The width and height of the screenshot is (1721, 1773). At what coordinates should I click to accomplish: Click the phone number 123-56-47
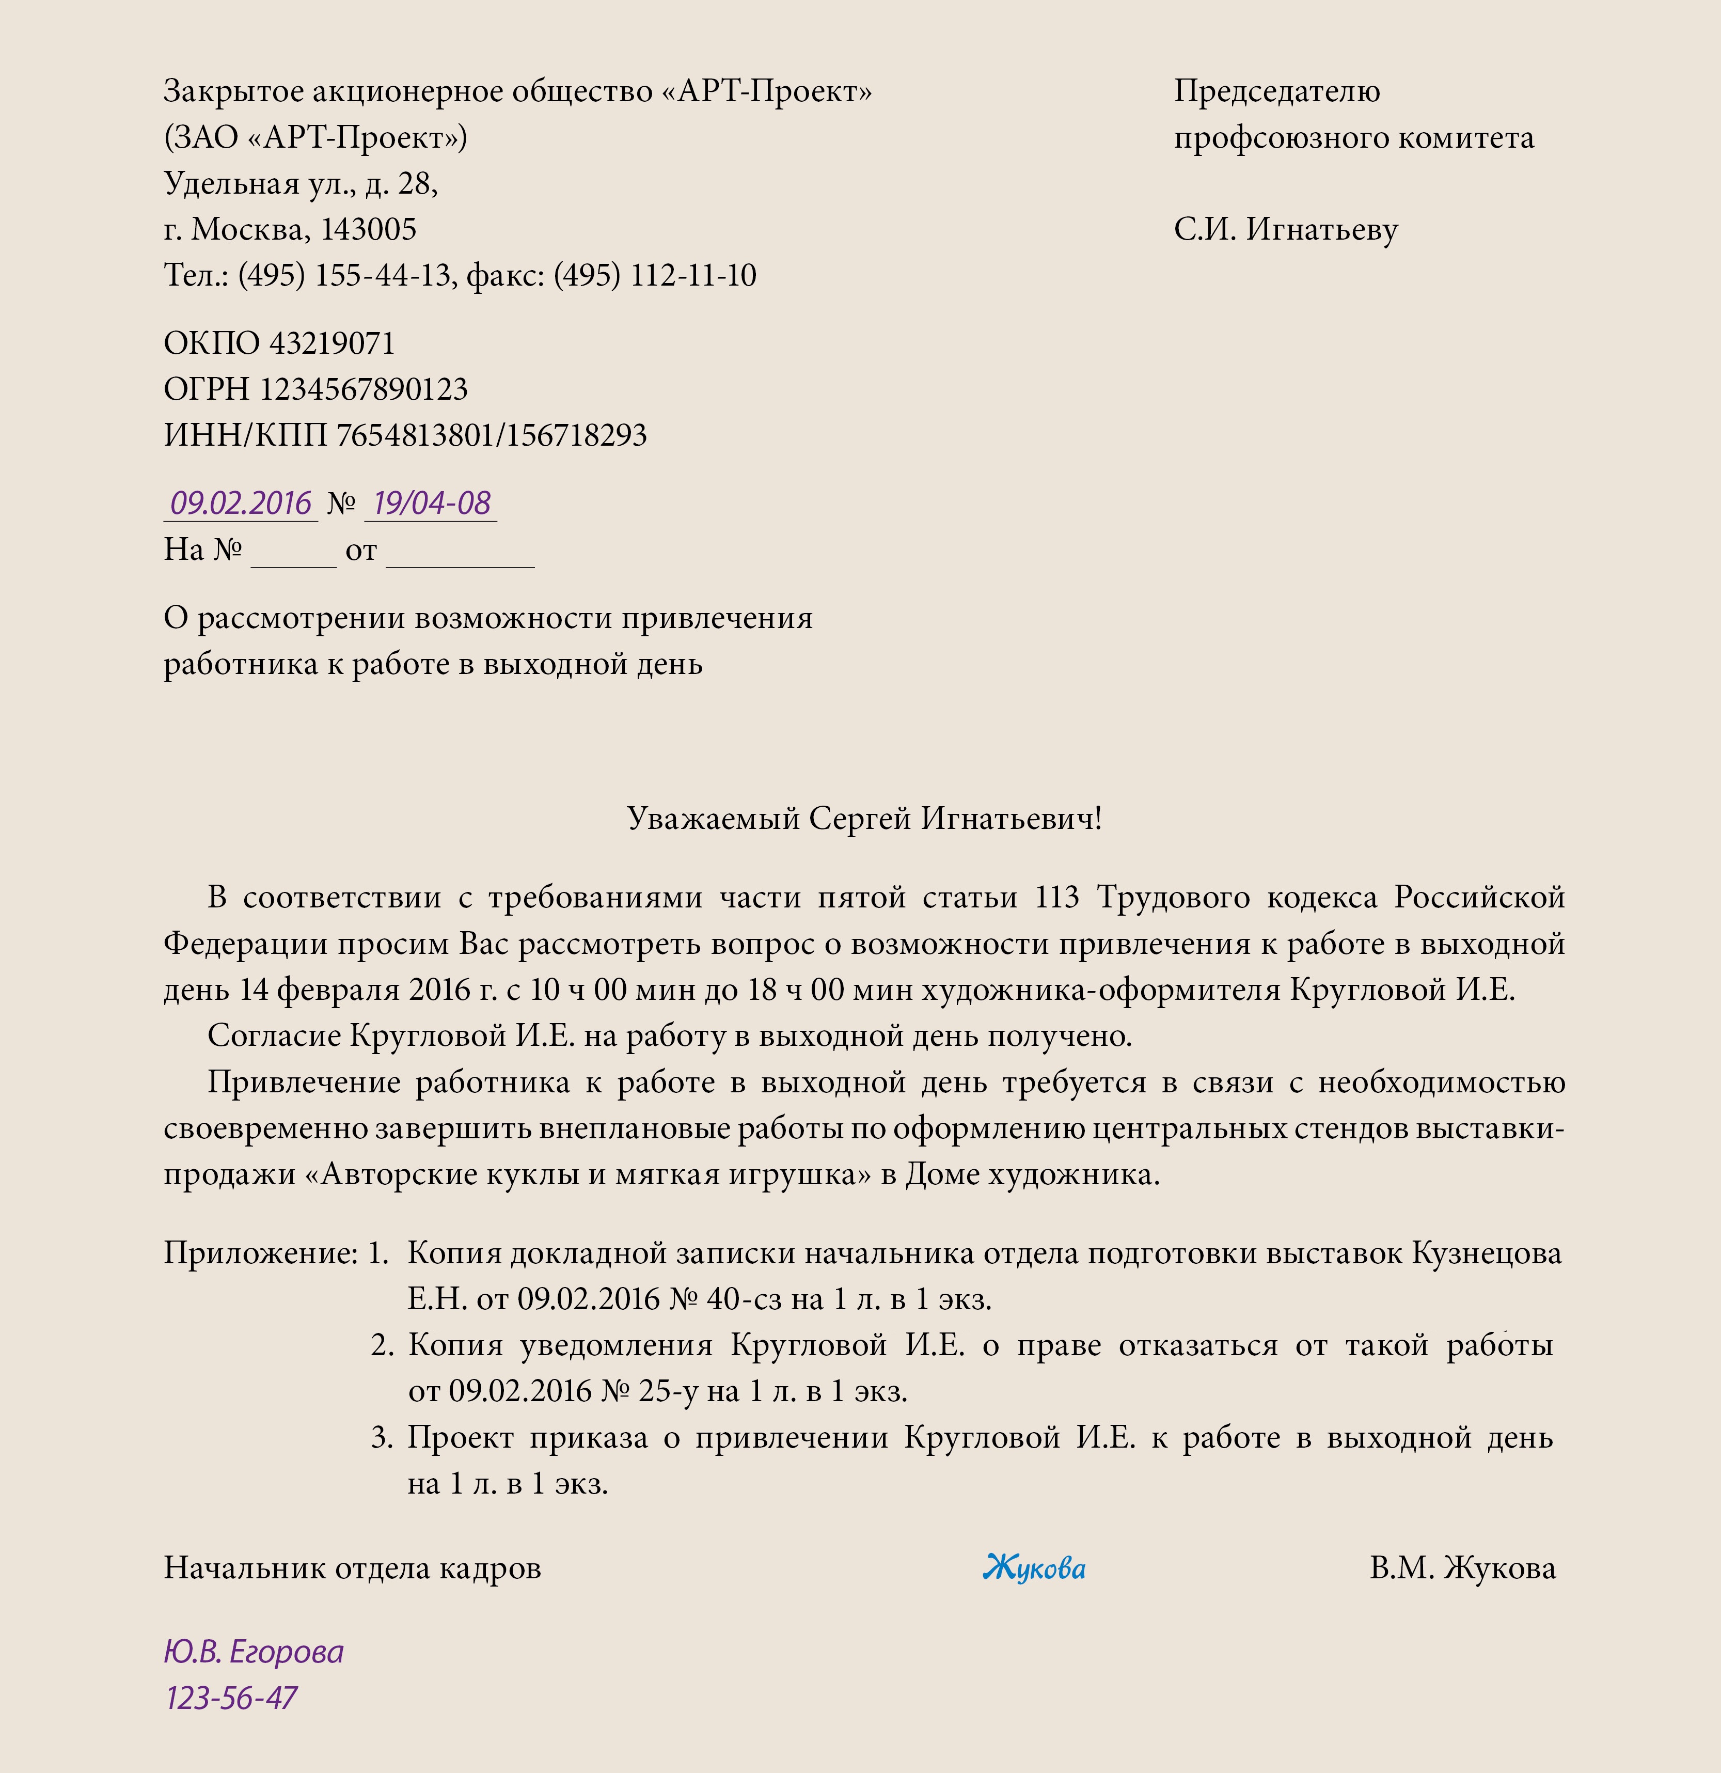(x=231, y=1698)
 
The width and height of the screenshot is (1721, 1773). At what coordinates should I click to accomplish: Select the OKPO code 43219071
(x=332, y=344)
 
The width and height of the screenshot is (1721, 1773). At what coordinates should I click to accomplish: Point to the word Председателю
(x=1276, y=91)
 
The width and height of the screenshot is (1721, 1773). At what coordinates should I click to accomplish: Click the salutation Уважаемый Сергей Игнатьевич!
(x=864, y=819)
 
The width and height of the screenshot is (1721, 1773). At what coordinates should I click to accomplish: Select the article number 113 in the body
(x=1057, y=898)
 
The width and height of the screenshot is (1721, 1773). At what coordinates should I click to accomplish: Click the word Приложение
(x=260, y=1254)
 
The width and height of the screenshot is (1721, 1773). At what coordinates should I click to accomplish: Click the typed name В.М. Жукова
(x=1462, y=1567)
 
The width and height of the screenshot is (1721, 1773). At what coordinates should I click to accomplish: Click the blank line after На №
(x=293, y=554)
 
